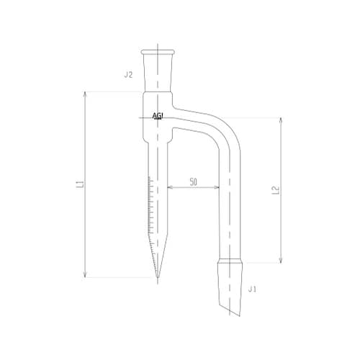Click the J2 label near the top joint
(x=129, y=74)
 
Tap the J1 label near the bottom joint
(x=251, y=289)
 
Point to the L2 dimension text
(x=276, y=190)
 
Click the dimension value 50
(x=194, y=183)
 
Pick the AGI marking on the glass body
(x=158, y=116)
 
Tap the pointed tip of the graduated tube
(x=158, y=278)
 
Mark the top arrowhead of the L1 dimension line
(x=86, y=94)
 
